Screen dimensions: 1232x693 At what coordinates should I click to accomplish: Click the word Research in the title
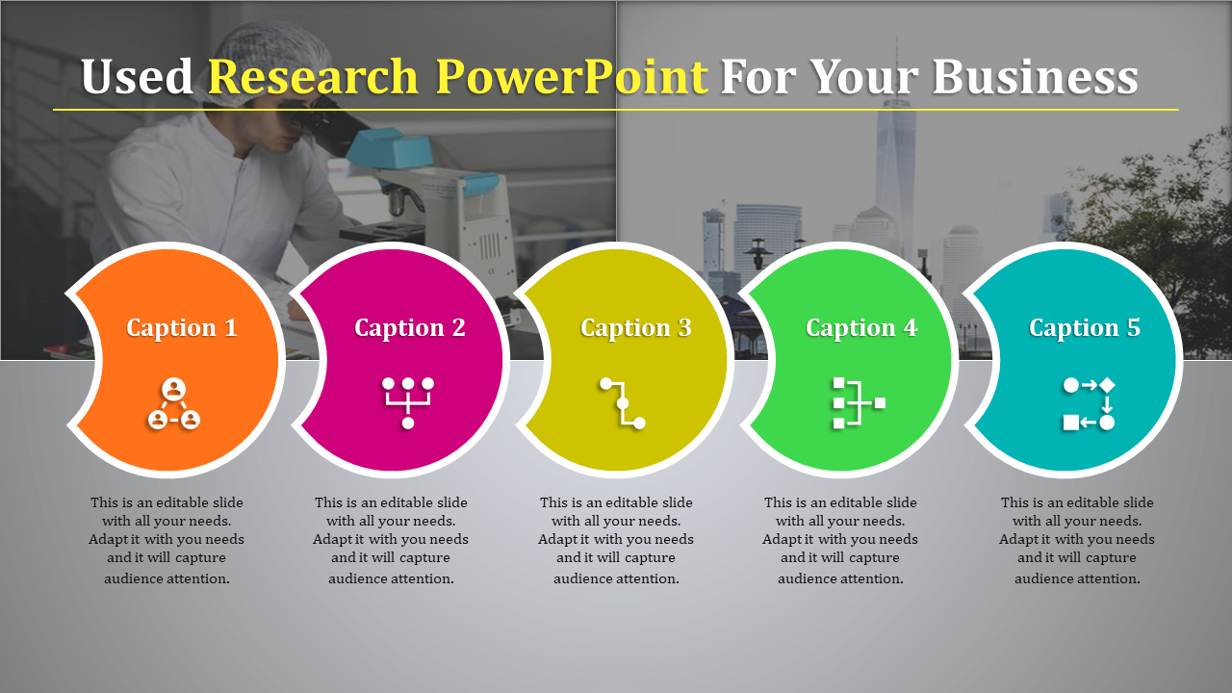pyautogui.click(x=313, y=76)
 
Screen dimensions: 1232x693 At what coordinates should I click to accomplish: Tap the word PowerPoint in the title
pyautogui.click(x=572, y=76)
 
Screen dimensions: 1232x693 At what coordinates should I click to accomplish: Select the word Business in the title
pyautogui.click(x=1035, y=76)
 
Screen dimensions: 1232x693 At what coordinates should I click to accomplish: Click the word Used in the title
pyautogui.click(x=137, y=76)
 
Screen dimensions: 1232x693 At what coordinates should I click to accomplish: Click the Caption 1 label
pyautogui.click(x=182, y=328)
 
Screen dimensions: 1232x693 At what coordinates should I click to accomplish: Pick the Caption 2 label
pyautogui.click(x=410, y=328)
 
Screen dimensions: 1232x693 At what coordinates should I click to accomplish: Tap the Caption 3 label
pyautogui.click(x=636, y=328)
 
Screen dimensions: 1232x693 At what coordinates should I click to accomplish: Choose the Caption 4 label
pyautogui.click(x=861, y=328)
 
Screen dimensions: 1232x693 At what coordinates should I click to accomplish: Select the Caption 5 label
pyautogui.click(x=1085, y=328)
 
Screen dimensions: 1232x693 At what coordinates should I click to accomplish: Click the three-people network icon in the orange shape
pyautogui.click(x=174, y=403)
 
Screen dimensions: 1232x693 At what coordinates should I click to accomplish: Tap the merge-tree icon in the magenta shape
pyautogui.click(x=408, y=402)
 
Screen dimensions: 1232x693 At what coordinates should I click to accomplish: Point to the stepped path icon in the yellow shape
pyautogui.click(x=623, y=403)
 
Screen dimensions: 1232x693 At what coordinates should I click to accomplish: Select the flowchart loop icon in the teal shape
pyautogui.click(x=1089, y=403)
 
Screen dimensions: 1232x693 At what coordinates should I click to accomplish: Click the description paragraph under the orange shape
pyautogui.click(x=167, y=540)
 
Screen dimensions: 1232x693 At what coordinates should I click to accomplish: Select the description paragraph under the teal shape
pyautogui.click(x=1077, y=540)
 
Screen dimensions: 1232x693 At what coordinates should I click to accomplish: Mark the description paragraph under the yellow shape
pyautogui.click(x=616, y=540)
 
